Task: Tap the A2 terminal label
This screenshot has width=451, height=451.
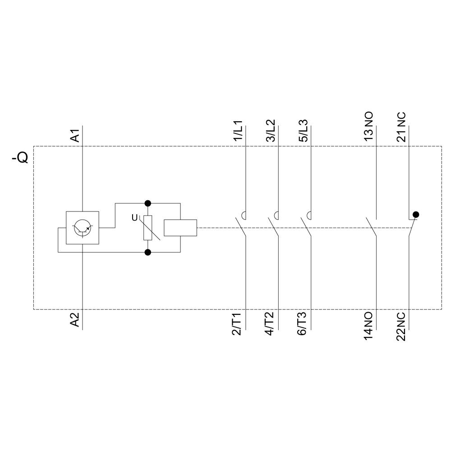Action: pyautogui.click(x=75, y=319)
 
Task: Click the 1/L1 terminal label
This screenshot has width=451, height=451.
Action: pyautogui.click(x=238, y=131)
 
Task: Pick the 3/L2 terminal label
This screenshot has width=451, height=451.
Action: pyautogui.click(x=271, y=131)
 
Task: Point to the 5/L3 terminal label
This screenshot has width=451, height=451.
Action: pyautogui.click(x=304, y=131)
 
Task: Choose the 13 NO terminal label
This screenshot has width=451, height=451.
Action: pyautogui.click(x=368, y=128)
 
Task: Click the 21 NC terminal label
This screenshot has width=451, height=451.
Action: pyautogui.click(x=401, y=128)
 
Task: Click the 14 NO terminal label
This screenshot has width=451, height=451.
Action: pyautogui.click(x=368, y=326)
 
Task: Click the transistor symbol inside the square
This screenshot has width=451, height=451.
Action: pyautogui.click(x=83, y=228)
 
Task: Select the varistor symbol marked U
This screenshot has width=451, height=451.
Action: pyautogui.click(x=147, y=228)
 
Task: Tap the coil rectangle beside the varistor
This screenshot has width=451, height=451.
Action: pyautogui.click(x=180, y=228)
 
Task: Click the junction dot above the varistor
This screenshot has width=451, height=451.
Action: pyautogui.click(x=147, y=203)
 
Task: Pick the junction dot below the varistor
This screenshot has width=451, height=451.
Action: pyautogui.click(x=147, y=252)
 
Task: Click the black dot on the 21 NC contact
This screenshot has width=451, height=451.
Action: pyautogui.click(x=416, y=215)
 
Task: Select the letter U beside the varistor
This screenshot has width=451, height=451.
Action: pyautogui.click(x=134, y=218)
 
